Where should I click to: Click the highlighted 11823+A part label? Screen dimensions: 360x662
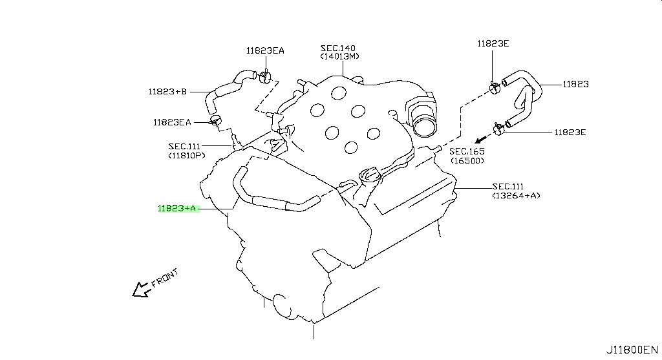pyautogui.click(x=176, y=208)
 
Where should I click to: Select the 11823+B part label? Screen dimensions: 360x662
pyautogui.click(x=167, y=92)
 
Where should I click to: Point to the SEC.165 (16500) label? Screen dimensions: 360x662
pyautogui.click(x=467, y=155)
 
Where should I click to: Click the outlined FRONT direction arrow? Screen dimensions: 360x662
pyautogui.click(x=140, y=290)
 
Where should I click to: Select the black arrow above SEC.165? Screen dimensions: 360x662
pyautogui.click(x=479, y=140)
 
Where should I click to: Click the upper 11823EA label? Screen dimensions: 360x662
pyautogui.click(x=264, y=50)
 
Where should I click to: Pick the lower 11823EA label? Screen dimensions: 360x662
pyautogui.click(x=172, y=122)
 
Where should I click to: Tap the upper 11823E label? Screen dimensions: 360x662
pyautogui.click(x=493, y=43)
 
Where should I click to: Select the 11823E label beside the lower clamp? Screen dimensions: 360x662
pyautogui.click(x=570, y=132)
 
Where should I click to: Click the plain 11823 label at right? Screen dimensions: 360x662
pyautogui.click(x=575, y=84)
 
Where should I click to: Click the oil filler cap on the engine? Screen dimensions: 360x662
pyautogui.click(x=367, y=175)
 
